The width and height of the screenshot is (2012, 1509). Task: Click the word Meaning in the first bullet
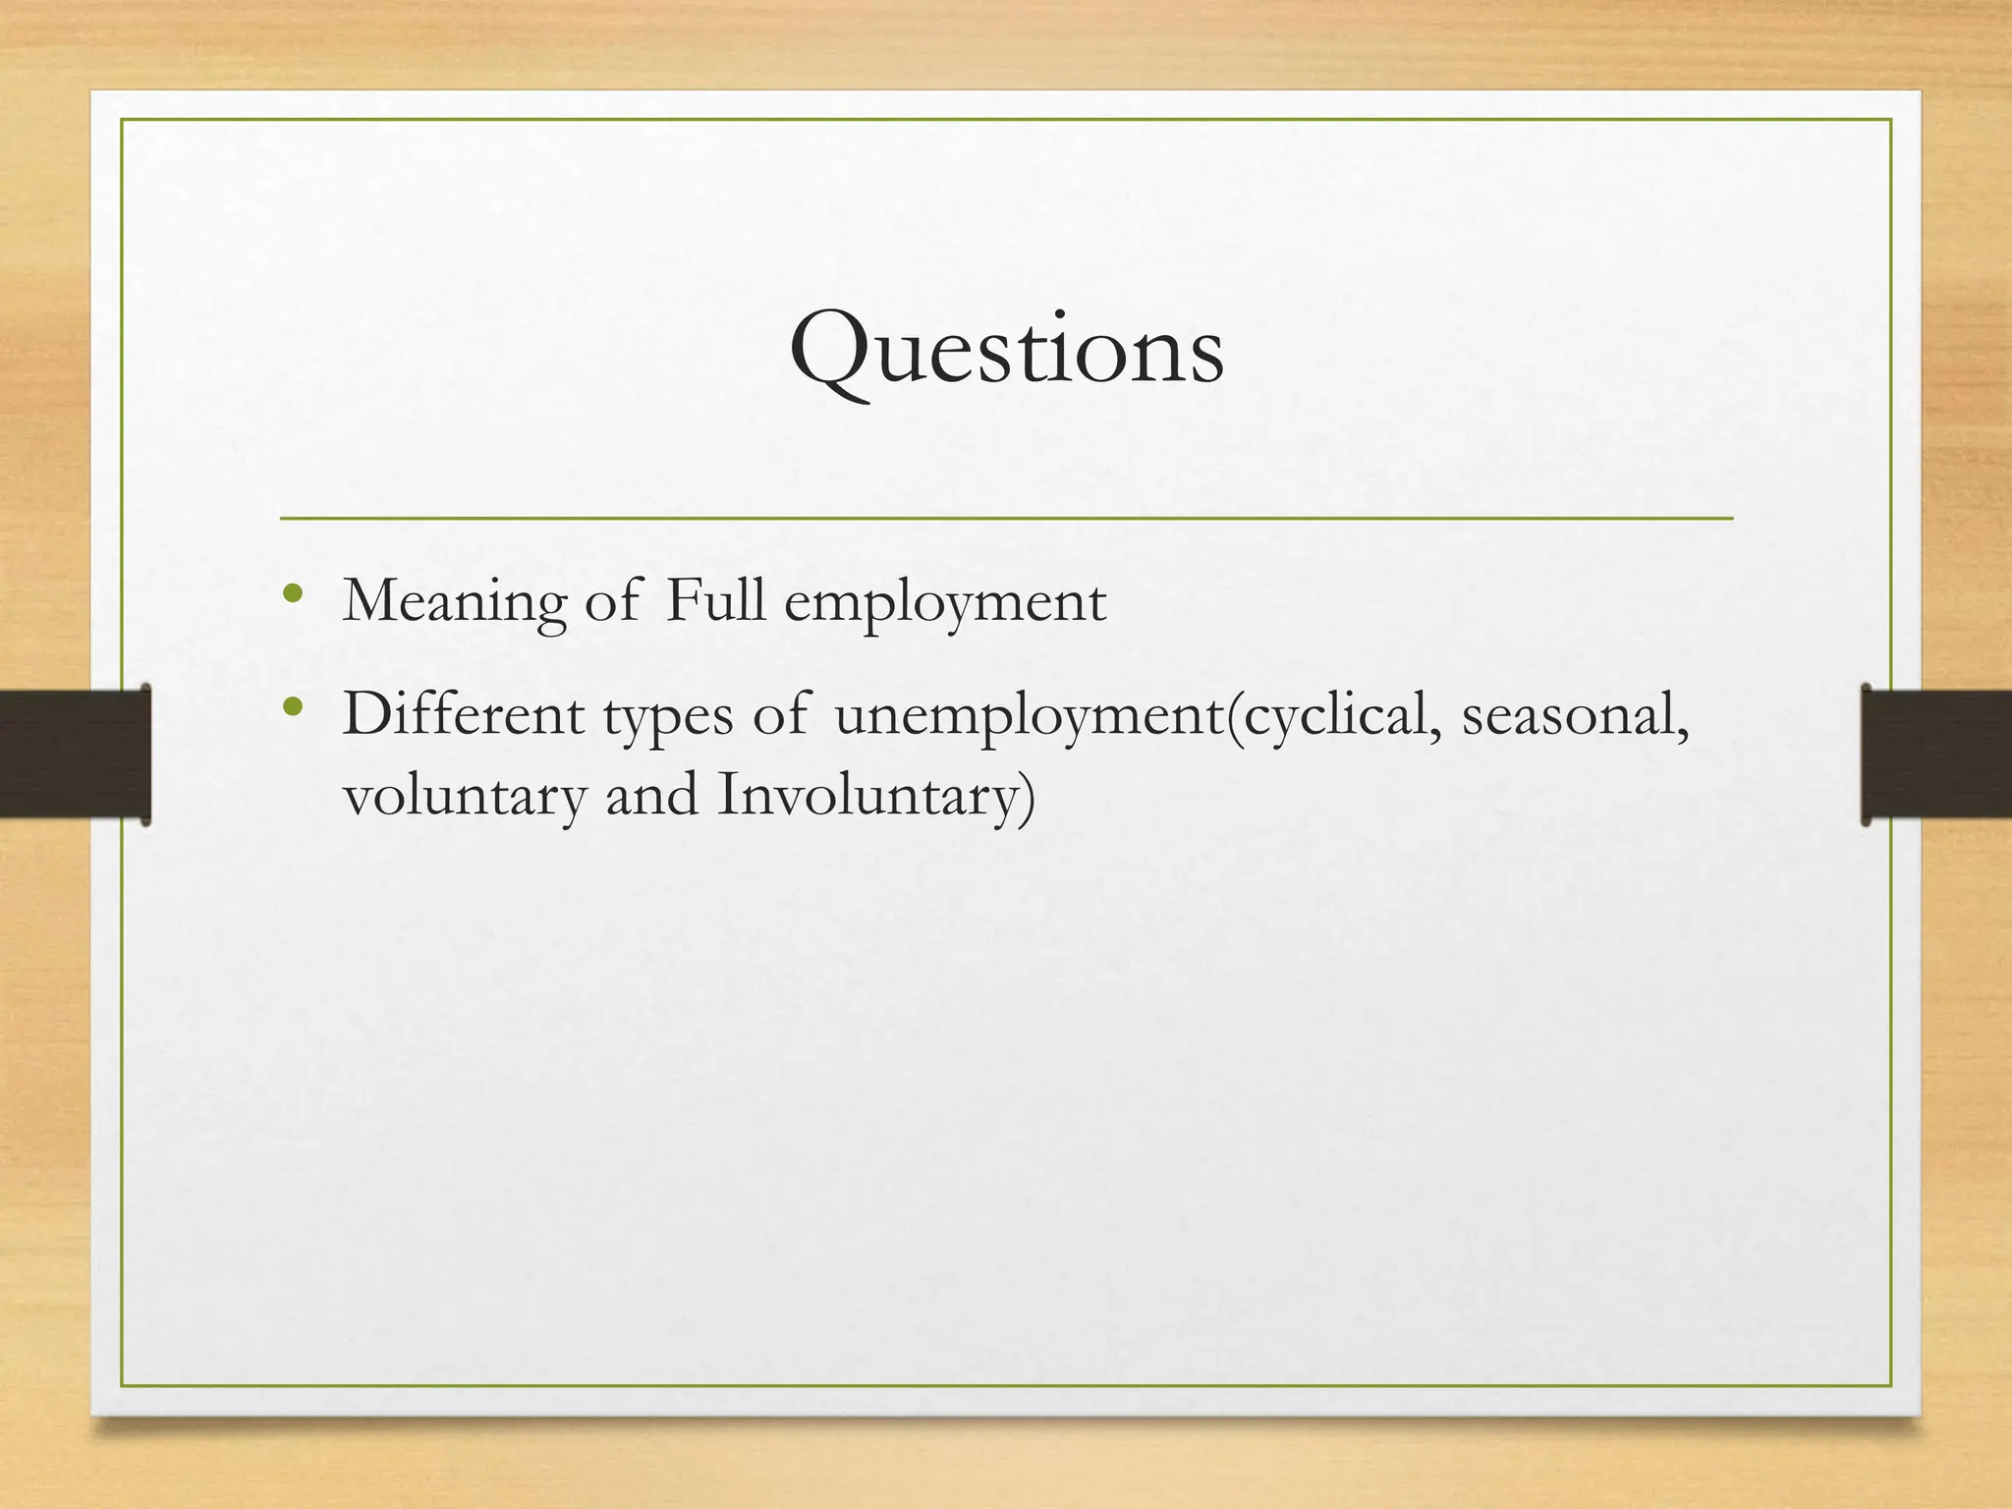[x=455, y=601]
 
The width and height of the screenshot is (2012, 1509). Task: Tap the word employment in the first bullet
[x=945, y=603]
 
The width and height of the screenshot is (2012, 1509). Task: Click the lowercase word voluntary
[x=464, y=796]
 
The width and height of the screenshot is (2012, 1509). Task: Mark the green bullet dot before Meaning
[x=291, y=593]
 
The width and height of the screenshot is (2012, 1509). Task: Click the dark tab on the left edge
[x=75, y=754]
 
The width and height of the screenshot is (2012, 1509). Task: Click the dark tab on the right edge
[x=1935, y=754]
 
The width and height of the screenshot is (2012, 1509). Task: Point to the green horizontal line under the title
[x=1006, y=518]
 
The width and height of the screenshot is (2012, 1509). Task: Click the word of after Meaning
[x=611, y=601]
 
